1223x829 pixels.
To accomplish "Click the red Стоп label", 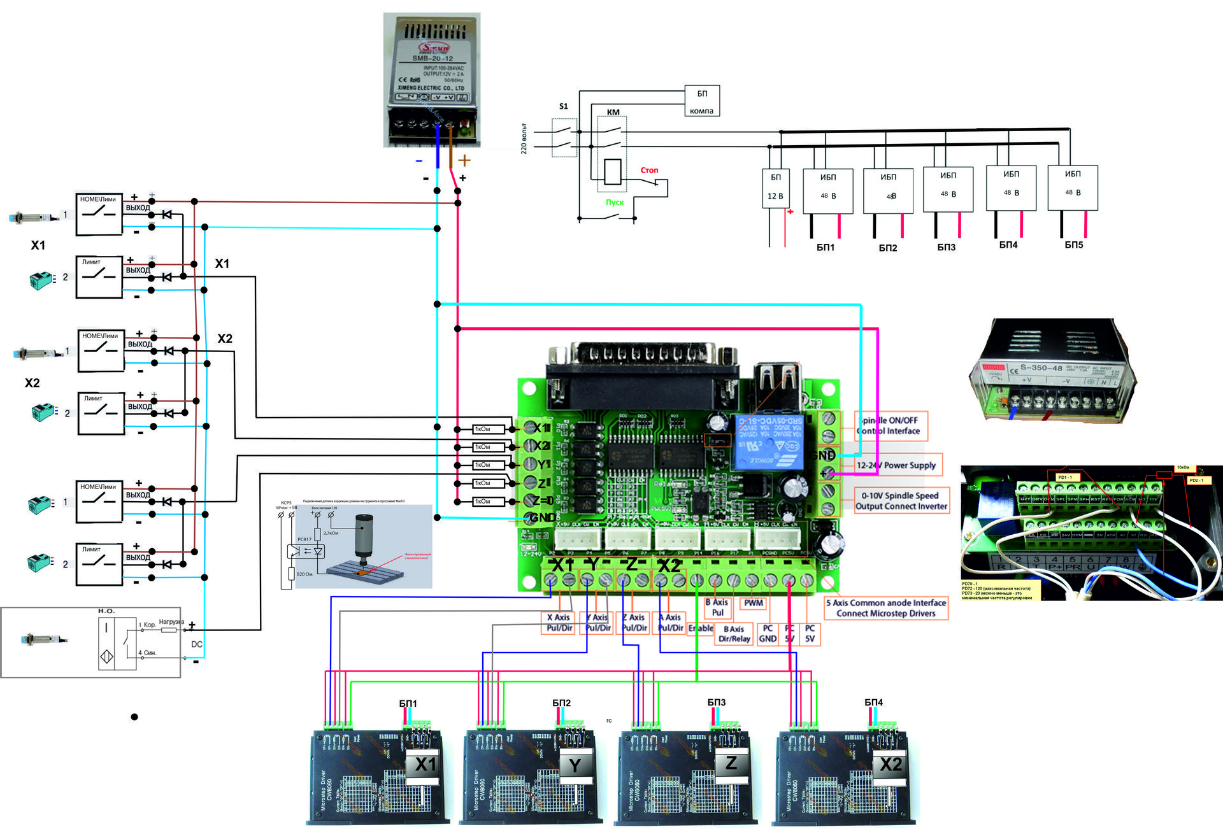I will pos(649,170).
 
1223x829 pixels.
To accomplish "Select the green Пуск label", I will pos(614,202).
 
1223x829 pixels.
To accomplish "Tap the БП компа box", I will pos(701,101).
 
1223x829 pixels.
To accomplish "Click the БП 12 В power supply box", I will pos(775,188).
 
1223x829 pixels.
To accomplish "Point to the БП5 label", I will pos(1073,244).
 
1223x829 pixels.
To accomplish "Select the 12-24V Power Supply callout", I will pos(896,465).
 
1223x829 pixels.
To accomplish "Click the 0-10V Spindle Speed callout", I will pos(901,500).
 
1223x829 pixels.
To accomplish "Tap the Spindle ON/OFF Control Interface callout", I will pos(890,425).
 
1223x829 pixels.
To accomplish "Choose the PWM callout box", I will pos(753,603).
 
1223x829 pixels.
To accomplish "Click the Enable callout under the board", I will pos(701,628).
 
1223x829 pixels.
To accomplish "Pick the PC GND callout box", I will pos(768,634).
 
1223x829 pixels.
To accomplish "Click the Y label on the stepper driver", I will pos(575,765).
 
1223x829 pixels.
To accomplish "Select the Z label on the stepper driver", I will pos(731,763).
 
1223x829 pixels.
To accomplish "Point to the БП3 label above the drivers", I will pos(716,702).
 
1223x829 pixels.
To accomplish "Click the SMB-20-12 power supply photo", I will pos(431,80).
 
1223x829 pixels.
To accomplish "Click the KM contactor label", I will pos(613,112).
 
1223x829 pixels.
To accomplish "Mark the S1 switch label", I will pos(563,106).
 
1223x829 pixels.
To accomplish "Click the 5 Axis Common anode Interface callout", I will pos(885,608).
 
